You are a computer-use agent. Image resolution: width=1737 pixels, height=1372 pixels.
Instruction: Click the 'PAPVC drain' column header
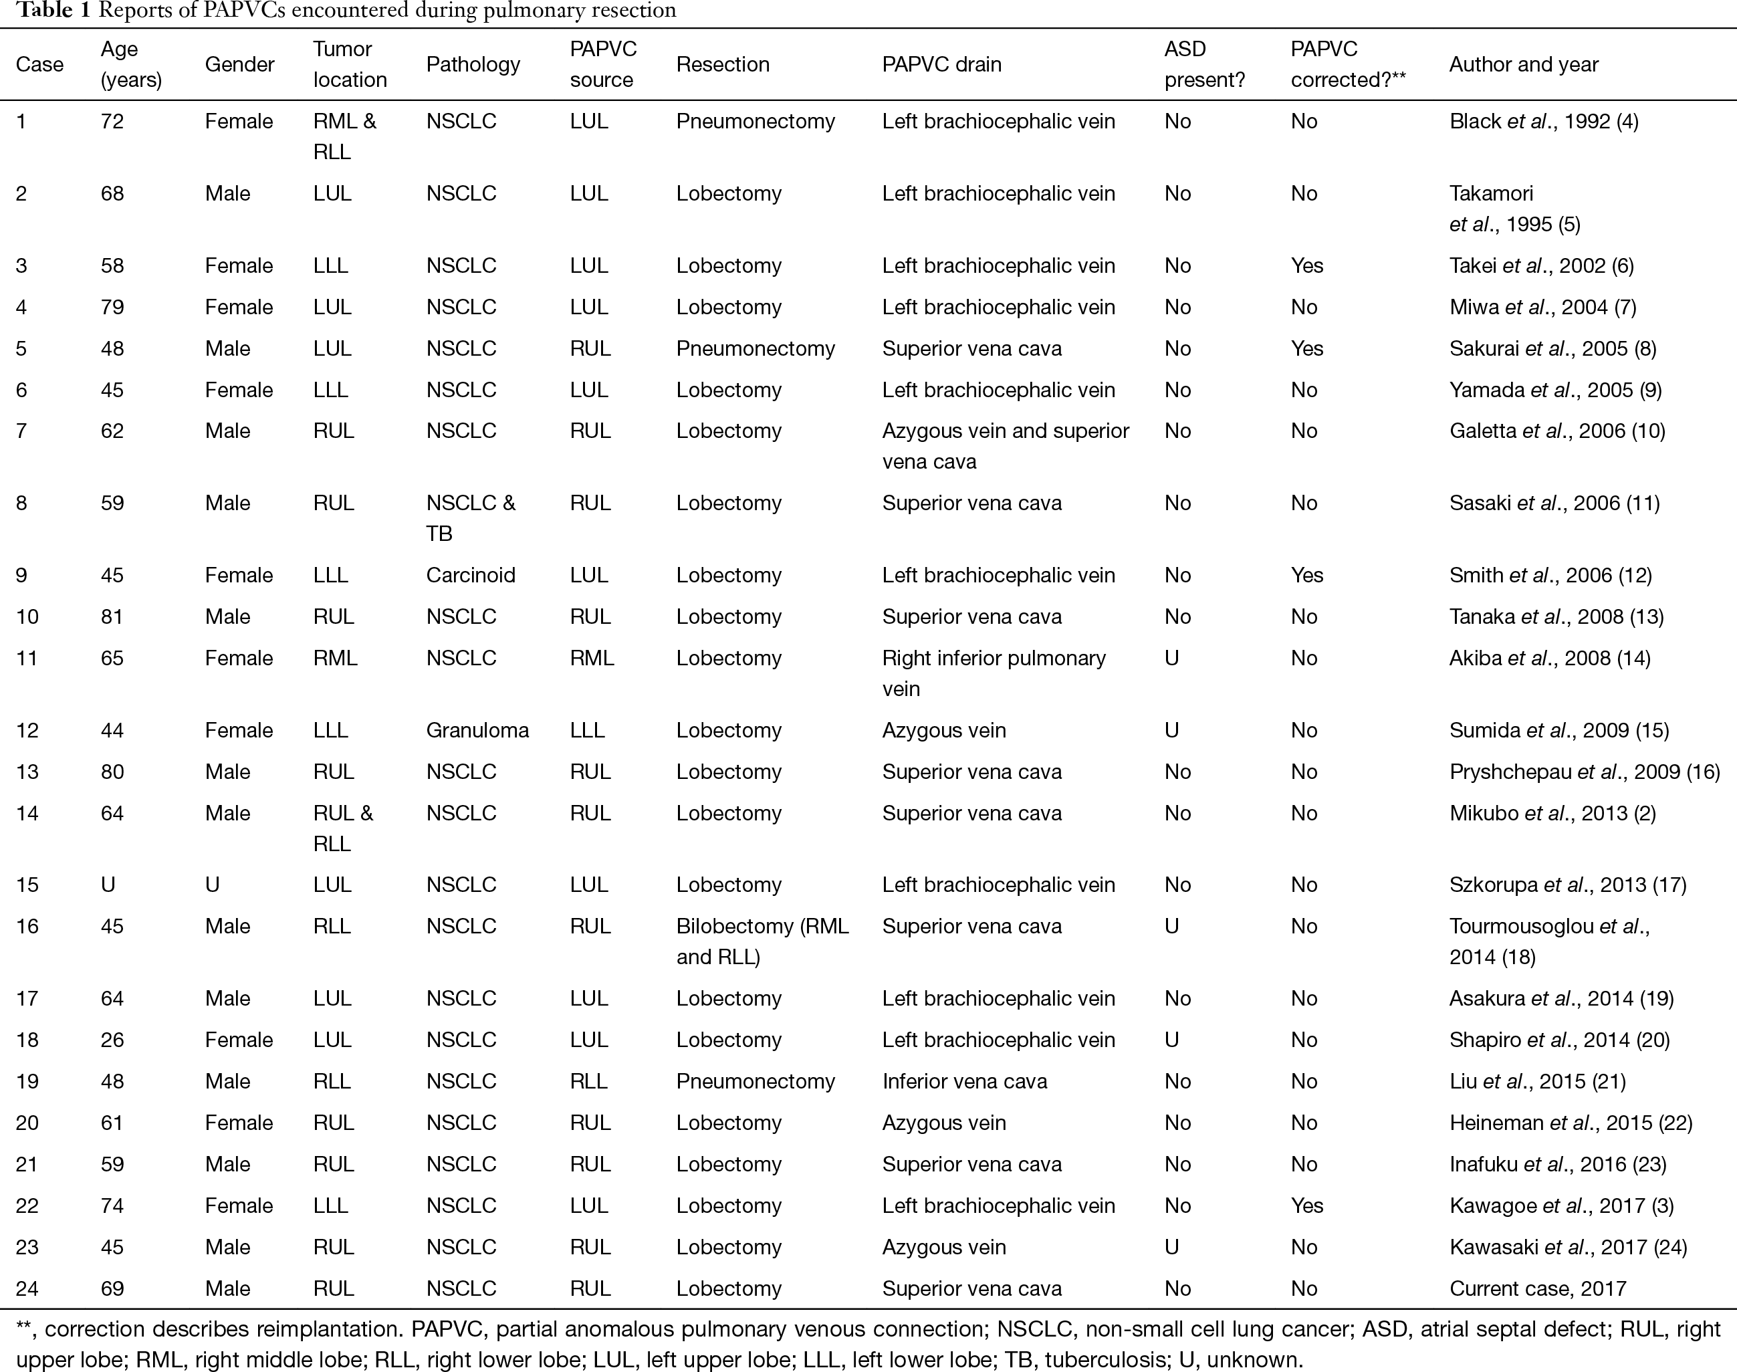tap(941, 64)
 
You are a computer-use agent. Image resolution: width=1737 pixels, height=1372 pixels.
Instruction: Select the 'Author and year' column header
tap(1524, 64)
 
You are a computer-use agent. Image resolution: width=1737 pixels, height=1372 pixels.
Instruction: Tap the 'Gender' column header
tap(239, 64)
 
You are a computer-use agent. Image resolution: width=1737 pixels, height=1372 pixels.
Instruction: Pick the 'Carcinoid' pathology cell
tap(471, 575)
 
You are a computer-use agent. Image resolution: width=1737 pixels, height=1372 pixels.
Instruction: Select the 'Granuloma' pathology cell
tap(477, 730)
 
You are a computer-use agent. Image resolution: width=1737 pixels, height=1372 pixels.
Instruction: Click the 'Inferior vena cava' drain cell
tap(965, 1081)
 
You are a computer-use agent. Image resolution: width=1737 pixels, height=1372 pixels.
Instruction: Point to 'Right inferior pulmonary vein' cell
tap(994, 673)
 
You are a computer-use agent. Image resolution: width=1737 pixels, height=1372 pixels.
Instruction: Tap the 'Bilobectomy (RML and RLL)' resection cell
tap(762, 941)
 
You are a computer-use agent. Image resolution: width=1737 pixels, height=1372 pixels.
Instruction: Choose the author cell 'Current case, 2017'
tap(1538, 1288)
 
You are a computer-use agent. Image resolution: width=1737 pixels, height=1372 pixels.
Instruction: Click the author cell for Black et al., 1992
tap(1544, 121)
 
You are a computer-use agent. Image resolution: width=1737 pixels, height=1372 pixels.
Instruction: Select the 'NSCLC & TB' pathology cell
tap(471, 518)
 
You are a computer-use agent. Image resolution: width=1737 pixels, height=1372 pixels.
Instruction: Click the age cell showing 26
tap(112, 1040)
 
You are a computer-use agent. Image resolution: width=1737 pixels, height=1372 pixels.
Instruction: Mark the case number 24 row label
tap(27, 1288)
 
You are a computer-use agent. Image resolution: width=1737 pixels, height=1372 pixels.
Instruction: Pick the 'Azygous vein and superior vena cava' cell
tap(1006, 446)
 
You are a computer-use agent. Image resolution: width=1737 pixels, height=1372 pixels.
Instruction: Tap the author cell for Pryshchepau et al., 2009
tap(1585, 772)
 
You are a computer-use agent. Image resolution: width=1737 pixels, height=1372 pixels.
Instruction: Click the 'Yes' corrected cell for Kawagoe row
tap(1306, 1206)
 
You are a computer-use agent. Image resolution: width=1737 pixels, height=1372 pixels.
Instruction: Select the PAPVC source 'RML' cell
tap(592, 658)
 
